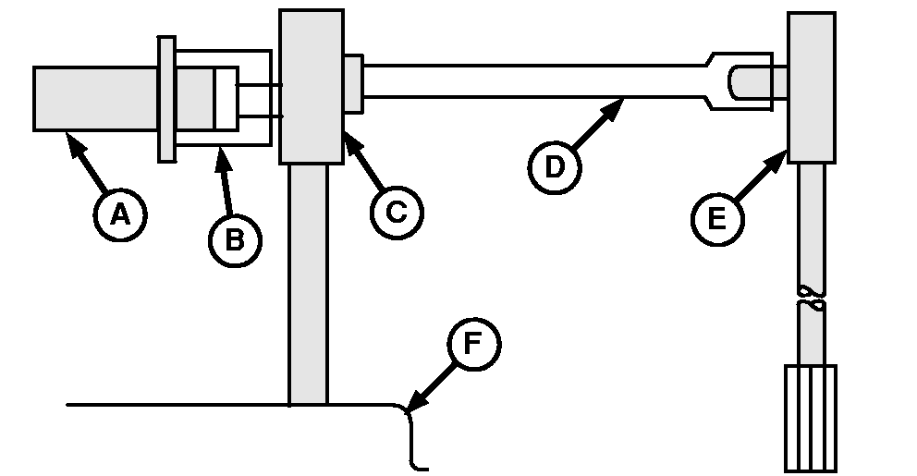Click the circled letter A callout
pyautogui.click(x=119, y=214)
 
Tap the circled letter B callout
pyautogui.click(x=235, y=239)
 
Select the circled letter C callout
pyautogui.click(x=397, y=212)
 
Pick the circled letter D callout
pyautogui.click(x=555, y=166)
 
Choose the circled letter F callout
pyautogui.click(x=472, y=345)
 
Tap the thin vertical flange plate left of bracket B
pyautogui.click(x=166, y=99)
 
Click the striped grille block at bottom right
pyautogui.click(x=811, y=418)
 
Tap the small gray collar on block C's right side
pyautogui.click(x=353, y=84)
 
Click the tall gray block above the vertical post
pyautogui.click(x=311, y=86)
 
